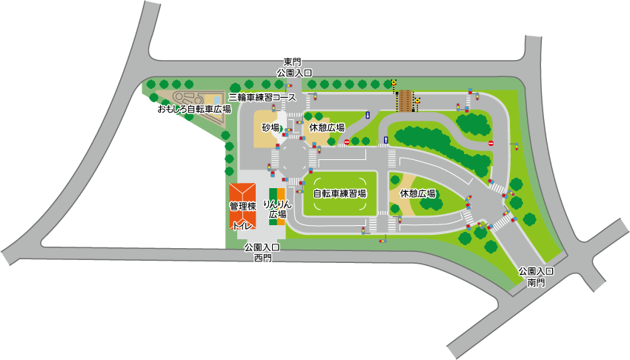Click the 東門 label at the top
click(294, 62)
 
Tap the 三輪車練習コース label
click(262, 97)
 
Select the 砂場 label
click(271, 127)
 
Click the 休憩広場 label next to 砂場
click(327, 127)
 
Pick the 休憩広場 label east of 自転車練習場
click(417, 193)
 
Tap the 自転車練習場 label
click(339, 193)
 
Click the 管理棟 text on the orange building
click(242, 206)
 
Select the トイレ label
click(242, 225)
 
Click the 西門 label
click(262, 259)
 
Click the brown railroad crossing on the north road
click(405, 100)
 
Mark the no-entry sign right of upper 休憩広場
click(346, 141)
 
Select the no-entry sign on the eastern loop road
click(491, 143)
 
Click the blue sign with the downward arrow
click(367, 116)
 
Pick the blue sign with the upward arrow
click(385, 140)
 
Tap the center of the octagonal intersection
click(294, 157)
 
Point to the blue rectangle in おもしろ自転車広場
click(217, 99)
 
